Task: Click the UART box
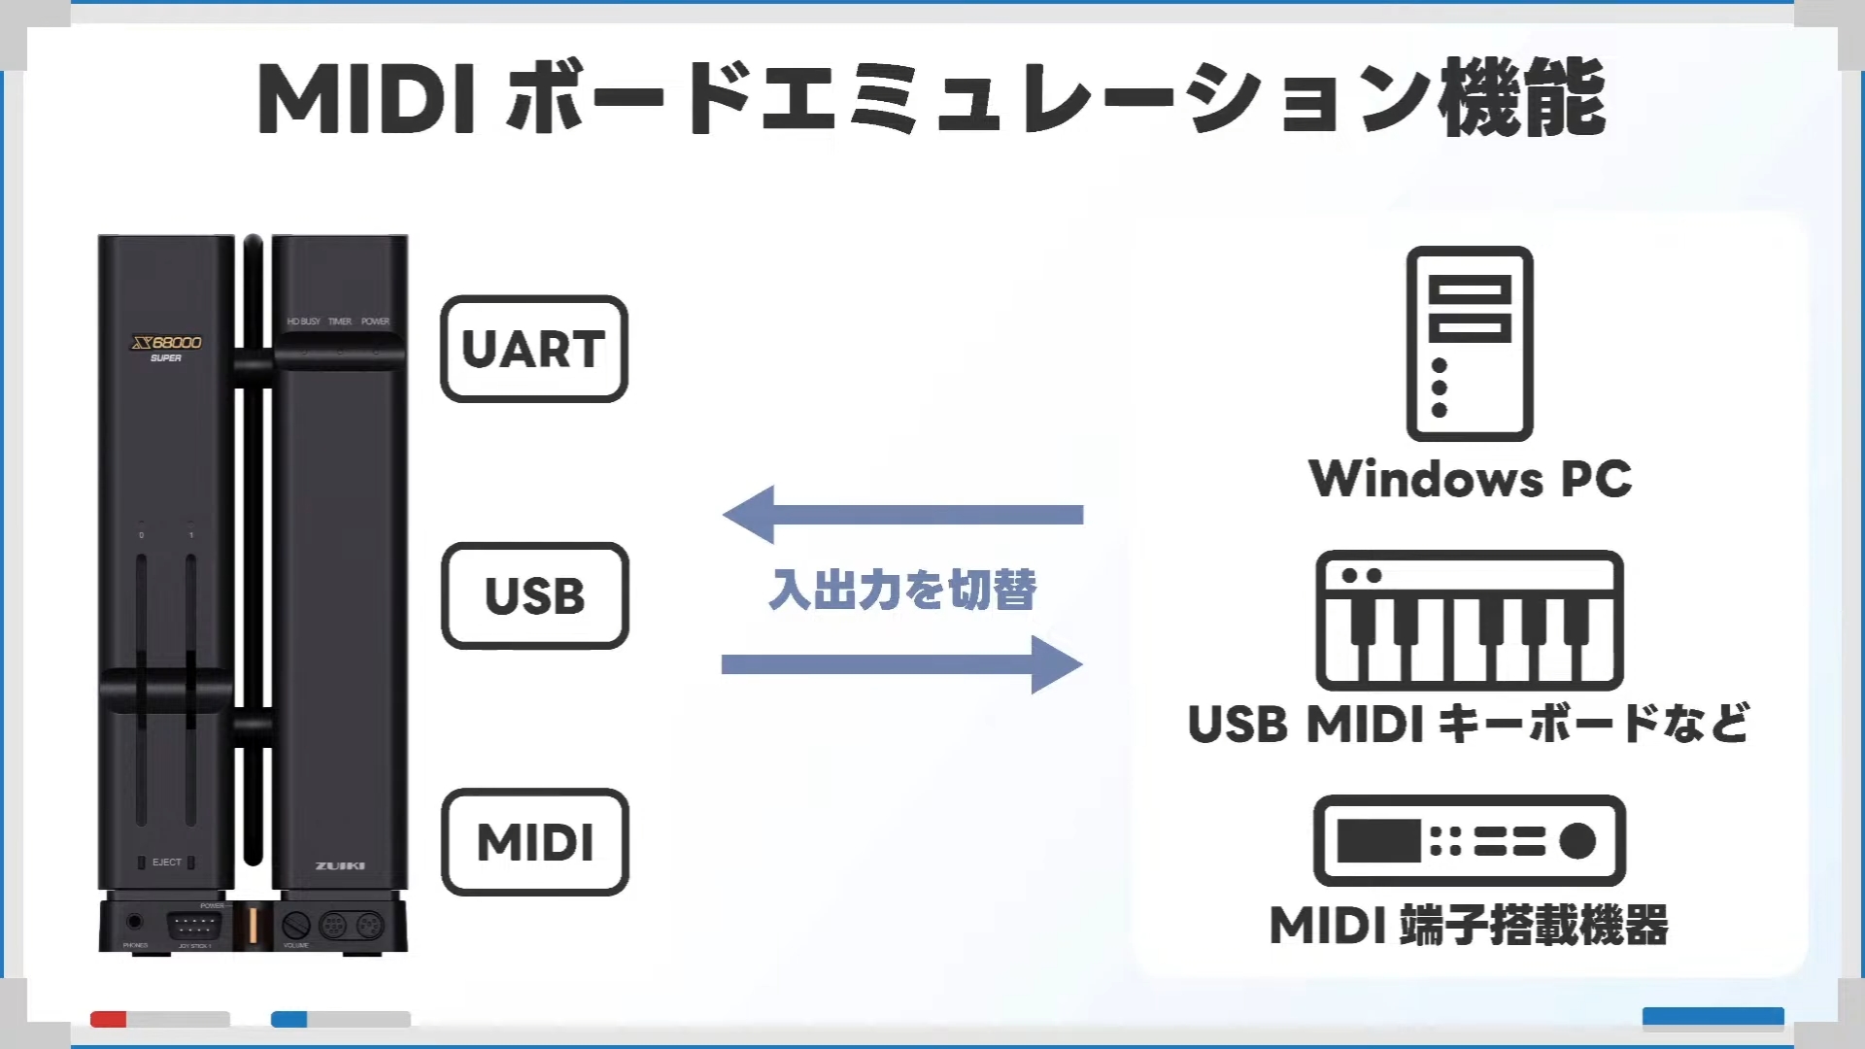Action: (x=534, y=349)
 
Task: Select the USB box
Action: (x=534, y=595)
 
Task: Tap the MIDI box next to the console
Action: (x=534, y=842)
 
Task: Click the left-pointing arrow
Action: (x=902, y=514)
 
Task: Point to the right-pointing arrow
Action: (x=902, y=664)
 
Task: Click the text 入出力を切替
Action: (x=902, y=590)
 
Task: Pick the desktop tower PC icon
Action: (x=1470, y=344)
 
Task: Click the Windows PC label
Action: (x=1470, y=479)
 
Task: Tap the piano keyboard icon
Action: (x=1470, y=621)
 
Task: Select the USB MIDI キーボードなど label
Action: (x=1469, y=725)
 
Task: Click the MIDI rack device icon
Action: (x=1470, y=840)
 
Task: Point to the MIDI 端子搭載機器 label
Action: (x=1469, y=925)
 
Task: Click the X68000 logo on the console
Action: (x=167, y=343)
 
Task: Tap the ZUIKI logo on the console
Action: (x=340, y=865)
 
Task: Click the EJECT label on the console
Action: (x=167, y=863)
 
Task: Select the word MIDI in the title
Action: (x=366, y=99)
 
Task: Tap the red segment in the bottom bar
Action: (x=108, y=1019)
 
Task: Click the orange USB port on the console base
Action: (x=253, y=926)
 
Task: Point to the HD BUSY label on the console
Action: (x=303, y=321)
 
